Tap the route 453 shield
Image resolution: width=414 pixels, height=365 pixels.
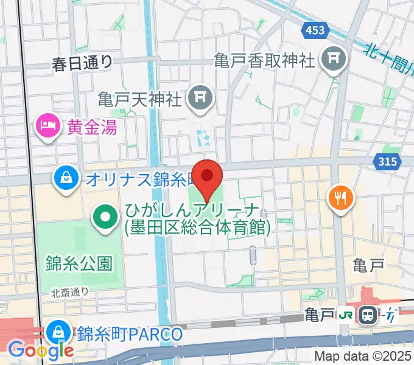[x=315, y=30]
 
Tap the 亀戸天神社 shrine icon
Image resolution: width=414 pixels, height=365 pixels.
[x=198, y=96]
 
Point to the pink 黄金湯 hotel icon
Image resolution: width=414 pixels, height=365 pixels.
[x=47, y=127]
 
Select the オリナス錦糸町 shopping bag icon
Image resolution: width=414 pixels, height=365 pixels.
[x=65, y=178]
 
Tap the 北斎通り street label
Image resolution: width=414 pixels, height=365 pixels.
[x=69, y=293]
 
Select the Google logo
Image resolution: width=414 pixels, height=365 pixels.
[x=40, y=350]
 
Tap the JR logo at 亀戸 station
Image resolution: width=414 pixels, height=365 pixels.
[x=347, y=315]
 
